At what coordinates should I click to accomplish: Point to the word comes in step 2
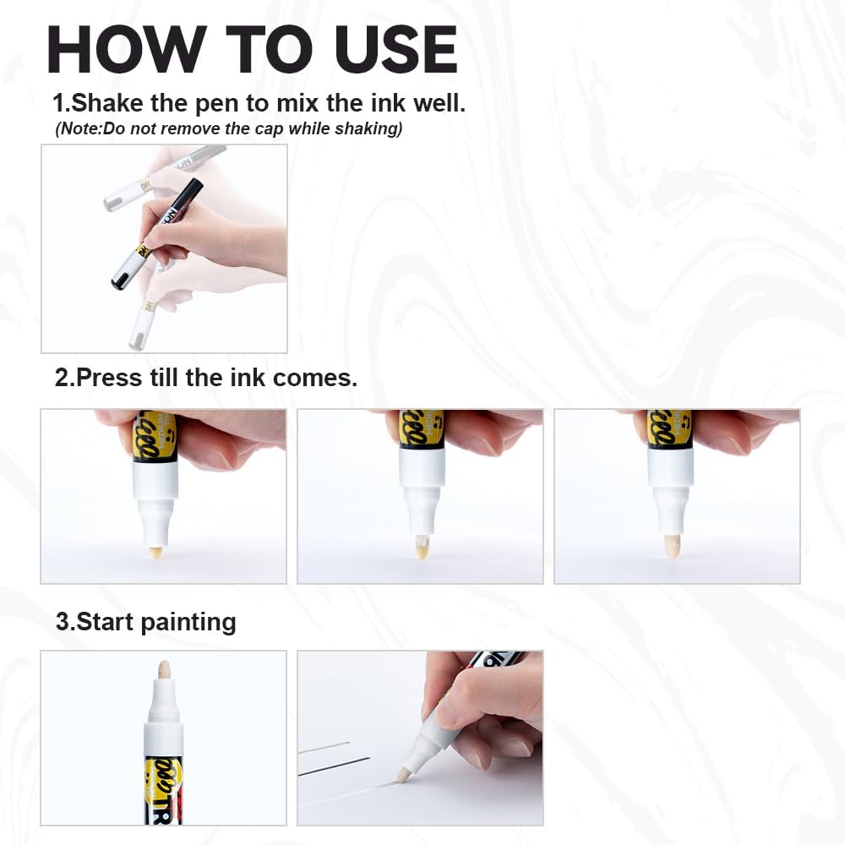click(319, 378)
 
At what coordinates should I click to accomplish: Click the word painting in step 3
click(188, 622)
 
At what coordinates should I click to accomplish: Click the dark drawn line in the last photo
click(335, 767)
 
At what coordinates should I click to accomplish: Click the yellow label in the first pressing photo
click(155, 435)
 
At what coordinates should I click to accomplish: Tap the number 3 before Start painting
click(63, 622)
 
